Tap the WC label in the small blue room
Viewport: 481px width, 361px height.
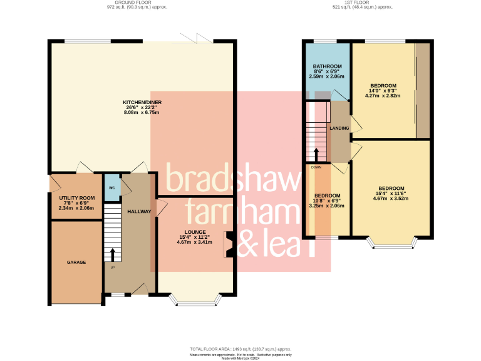pos(111,188)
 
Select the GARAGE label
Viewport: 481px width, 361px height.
pos(76,262)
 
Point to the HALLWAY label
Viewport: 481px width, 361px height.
pos(139,212)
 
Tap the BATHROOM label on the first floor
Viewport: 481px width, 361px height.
pos(327,66)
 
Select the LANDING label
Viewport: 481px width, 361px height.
pos(339,128)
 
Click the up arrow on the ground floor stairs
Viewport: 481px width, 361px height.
pos(113,254)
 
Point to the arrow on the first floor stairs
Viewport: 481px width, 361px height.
pos(317,154)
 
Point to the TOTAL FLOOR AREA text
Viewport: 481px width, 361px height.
pos(241,348)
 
